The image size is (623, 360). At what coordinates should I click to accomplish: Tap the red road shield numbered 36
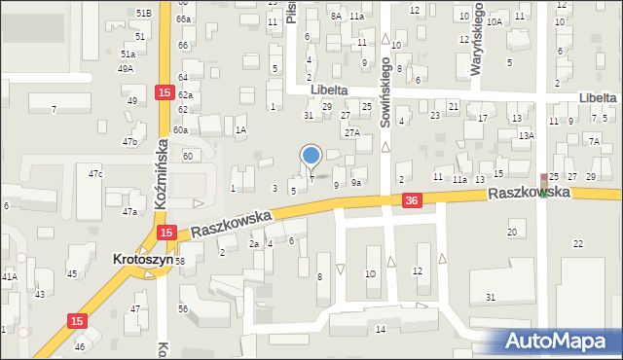tap(412, 199)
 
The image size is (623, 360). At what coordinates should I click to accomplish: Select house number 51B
tap(144, 13)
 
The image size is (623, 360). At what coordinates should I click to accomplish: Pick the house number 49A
tap(127, 69)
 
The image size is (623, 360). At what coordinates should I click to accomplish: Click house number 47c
tap(95, 173)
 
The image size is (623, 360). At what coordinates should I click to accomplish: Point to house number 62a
tap(185, 95)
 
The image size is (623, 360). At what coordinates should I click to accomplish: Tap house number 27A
tap(352, 131)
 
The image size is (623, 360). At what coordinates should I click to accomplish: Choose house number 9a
tap(357, 183)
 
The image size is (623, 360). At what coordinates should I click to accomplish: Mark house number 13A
tap(527, 136)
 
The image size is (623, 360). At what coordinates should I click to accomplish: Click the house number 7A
tap(594, 141)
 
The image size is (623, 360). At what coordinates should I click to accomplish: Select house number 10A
tap(495, 21)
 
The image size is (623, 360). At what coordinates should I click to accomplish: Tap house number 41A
tap(9, 276)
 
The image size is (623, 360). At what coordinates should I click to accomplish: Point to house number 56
tap(182, 308)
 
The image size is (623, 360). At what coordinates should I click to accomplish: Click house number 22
tap(578, 243)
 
